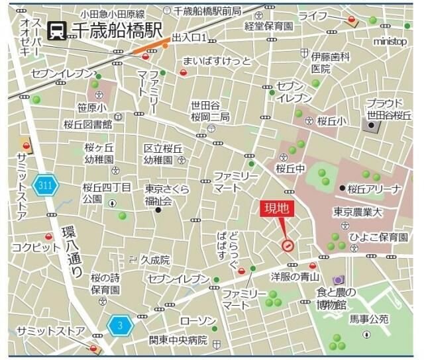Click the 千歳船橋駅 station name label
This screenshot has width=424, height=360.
pyautogui.click(x=117, y=30)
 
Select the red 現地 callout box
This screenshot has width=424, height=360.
pyautogui.click(x=277, y=208)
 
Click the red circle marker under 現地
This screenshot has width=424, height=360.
pyautogui.click(x=288, y=246)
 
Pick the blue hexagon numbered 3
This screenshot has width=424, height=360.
pyautogui.click(x=120, y=325)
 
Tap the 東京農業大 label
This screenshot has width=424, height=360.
pyautogui.click(x=358, y=212)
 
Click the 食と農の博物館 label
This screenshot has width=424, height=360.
pyautogui.click(x=336, y=298)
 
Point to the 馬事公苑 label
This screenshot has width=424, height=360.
pyautogui.click(x=369, y=319)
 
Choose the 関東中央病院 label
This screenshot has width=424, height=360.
pyautogui.click(x=178, y=341)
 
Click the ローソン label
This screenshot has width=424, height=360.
pyautogui.click(x=198, y=322)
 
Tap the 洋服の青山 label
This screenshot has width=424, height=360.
pyautogui.click(x=295, y=277)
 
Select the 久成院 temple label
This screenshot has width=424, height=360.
pyautogui.click(x=155, y=260)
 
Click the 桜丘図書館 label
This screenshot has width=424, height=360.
pyautogui.click(x=88, y=124)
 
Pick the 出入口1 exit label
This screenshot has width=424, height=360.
pyautogui.click(x=190, y=38)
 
